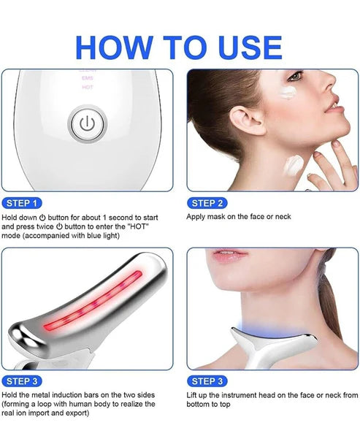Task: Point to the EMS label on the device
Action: click(86, 77)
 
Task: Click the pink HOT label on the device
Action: click(86, 86)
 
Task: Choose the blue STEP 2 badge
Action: click(207, 202)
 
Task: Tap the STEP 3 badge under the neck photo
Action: click(207, 380)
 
